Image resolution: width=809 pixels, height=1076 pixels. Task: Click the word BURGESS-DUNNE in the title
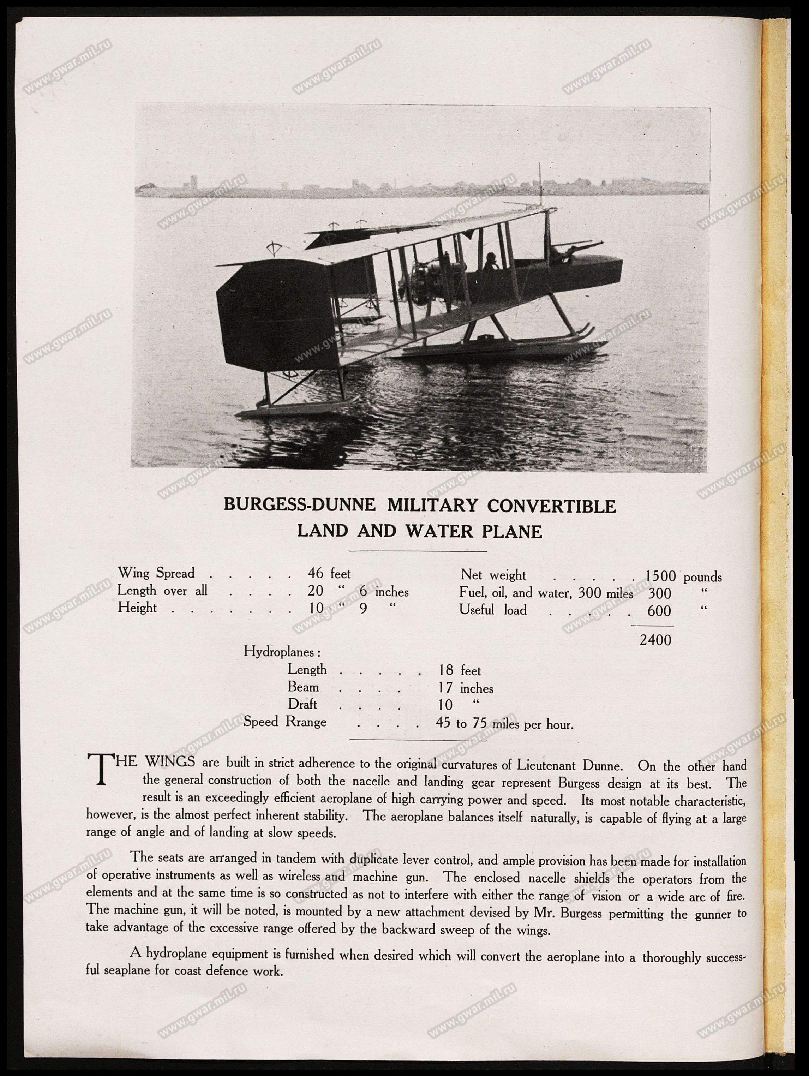click(x=299, y=506)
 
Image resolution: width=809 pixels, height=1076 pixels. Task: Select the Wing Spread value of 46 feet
click(x=329, y=574)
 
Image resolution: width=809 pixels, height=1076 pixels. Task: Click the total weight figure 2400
click(x=655, y=640)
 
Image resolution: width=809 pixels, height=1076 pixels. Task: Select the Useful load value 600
click(x=660, y=610)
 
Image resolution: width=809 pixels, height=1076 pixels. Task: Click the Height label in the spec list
click(x=137, y=608)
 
